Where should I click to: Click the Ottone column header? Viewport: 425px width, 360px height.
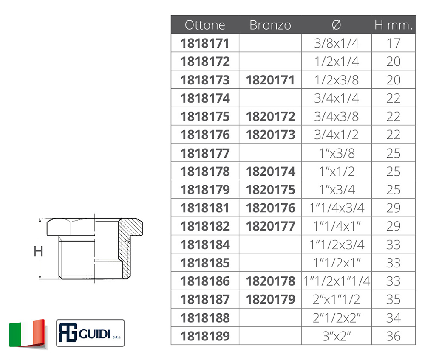tap(205, 25)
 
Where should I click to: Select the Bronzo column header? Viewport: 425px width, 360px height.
tap(270, 25)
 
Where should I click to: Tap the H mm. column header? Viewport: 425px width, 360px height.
tap(394, 25)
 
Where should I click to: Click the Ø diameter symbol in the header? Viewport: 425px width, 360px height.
tap(336, 25)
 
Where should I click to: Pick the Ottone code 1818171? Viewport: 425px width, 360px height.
tap(205, 43)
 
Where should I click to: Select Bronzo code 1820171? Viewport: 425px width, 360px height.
tap(270, 80)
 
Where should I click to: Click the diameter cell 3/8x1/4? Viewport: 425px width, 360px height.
tap(336, 43)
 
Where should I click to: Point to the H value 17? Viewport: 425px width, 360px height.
tap(394, 43)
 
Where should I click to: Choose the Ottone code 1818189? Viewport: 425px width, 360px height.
tap(205, 336)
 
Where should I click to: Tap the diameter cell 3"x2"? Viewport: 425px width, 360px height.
tap(336, 336)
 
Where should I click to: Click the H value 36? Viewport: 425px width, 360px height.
tap(394, 336)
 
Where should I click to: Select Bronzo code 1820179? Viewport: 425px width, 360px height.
tap(270, 299)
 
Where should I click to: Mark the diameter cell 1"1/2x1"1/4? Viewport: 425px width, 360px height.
tap(337, 281)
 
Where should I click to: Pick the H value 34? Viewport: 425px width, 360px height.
tap(394, 318)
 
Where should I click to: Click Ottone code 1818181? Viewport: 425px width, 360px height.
tap(205, 208)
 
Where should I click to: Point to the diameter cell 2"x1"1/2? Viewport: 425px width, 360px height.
tap(336, 299)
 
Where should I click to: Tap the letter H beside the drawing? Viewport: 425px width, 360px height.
tap(38, 251)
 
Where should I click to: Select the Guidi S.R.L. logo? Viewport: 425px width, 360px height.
tap(90, 333)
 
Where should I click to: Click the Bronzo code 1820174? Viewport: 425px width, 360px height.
tap(270, 172)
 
